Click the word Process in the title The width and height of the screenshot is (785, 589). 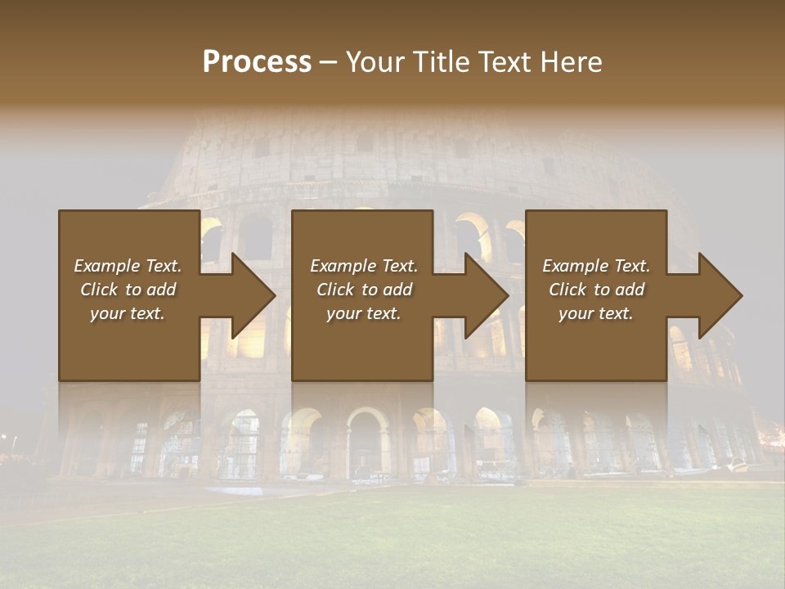click(x=257, y=62)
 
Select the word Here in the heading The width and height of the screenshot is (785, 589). click(x=572, y=62)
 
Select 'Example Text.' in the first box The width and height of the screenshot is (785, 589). click(x=128, y=266)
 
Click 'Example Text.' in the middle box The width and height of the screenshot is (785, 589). click(x=363, y=266)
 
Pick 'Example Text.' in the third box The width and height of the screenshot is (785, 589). click(x=596, y=266)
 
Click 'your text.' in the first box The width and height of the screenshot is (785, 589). click(x=128, y=313)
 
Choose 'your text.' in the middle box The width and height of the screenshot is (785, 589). click(x=363, y=313)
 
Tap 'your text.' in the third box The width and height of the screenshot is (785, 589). click(x=596, y=313)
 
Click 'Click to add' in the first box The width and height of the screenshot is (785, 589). click(x=128, y=290)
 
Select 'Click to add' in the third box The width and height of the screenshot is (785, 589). click(x=596, y=290)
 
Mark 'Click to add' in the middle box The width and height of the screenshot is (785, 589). click(x=363, y=290)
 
